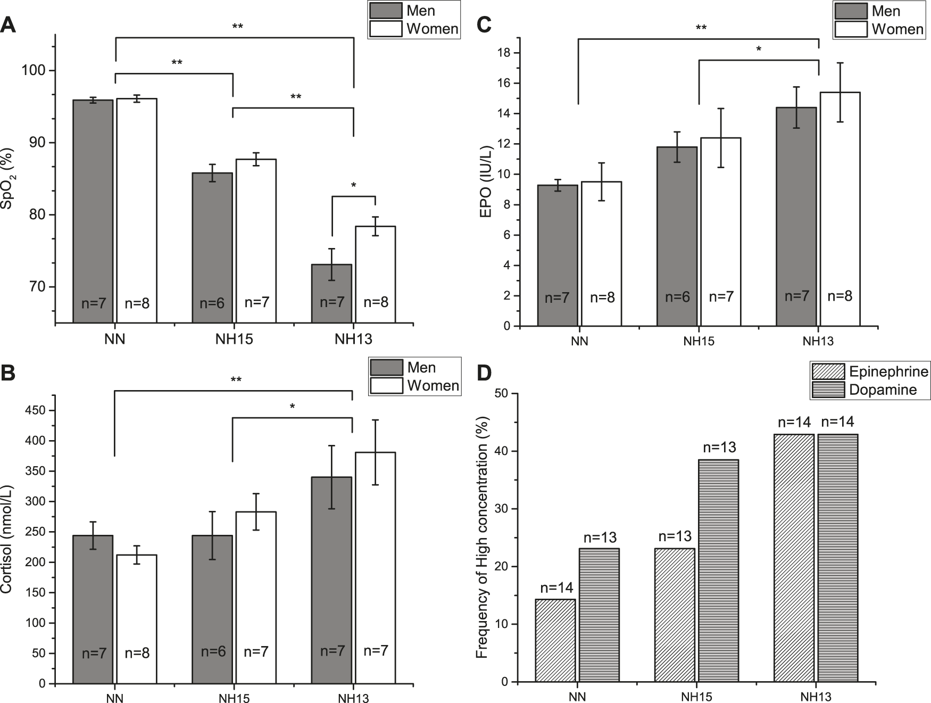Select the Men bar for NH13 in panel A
[331, 293]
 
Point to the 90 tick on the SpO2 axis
[40, 143]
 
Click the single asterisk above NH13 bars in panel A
[353, 186]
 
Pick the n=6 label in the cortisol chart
[212, 652]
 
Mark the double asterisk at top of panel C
[701, 28]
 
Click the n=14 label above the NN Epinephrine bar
[556, 588]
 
